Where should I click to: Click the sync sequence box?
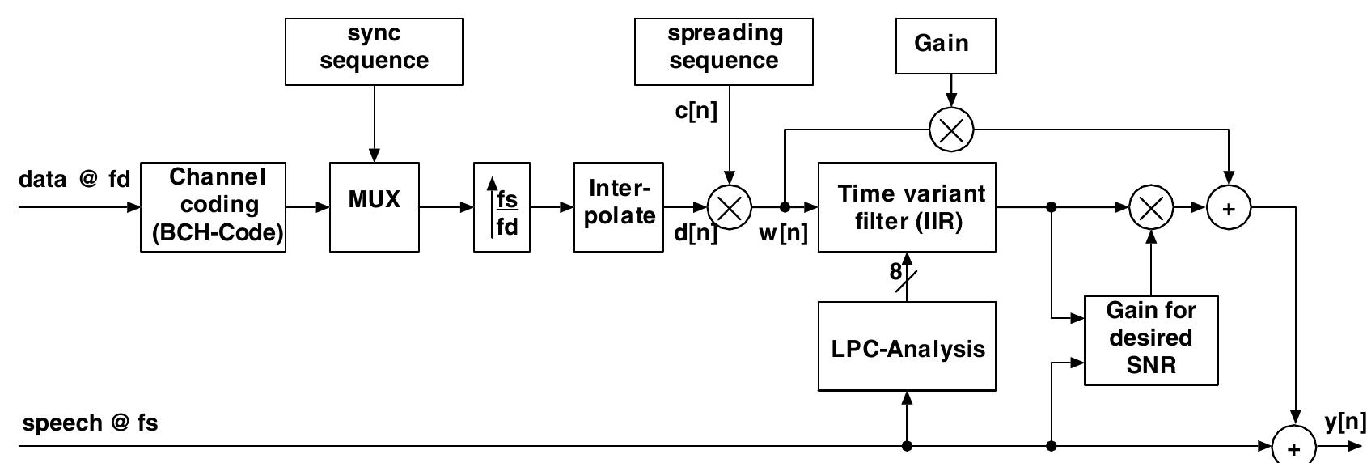coord(375,51)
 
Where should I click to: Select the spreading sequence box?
coord(723,51)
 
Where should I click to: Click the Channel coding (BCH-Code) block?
coord(214,207)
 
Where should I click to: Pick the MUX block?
coord(375,207)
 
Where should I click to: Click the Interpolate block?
coord(618,207)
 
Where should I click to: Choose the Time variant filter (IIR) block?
coord(907,207)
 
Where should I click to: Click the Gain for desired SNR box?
coord(1150,340)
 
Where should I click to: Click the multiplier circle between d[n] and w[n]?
coord(730,207)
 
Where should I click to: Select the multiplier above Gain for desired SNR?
coord(1150,208)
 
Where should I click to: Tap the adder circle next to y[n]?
coord(1294,447)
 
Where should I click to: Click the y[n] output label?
coord(1344,423)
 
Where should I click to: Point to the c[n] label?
coord(696,112)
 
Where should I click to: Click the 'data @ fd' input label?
coord(74,179)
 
